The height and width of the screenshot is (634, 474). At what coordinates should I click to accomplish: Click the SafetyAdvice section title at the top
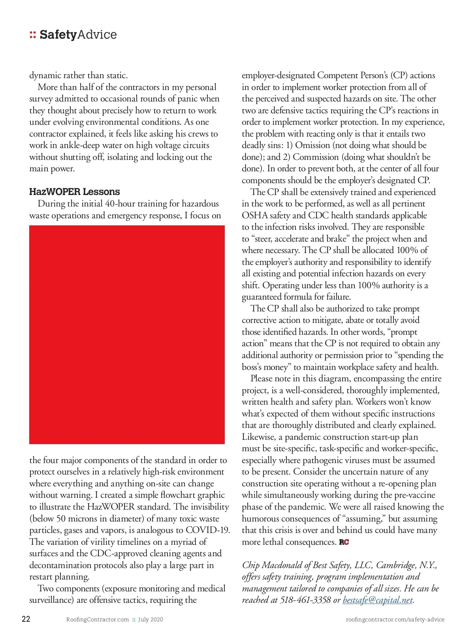point(78,35)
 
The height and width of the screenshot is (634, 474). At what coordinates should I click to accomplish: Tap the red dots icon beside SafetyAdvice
point(32,35)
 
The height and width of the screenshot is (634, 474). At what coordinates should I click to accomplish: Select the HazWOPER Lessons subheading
point(74,192)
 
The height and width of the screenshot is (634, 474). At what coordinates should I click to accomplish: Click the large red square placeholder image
point(127,335)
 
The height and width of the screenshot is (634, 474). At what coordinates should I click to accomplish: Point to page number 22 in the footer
point(26,619)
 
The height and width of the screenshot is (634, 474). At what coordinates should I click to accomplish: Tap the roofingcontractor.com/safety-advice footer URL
point(395,619)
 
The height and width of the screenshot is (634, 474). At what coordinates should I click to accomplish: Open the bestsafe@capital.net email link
point(378,600)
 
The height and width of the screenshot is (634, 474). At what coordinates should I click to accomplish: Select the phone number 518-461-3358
point(305,600)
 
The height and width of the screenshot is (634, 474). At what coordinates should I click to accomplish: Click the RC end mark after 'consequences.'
point(344,542)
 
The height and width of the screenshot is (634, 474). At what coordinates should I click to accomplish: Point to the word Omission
point(312,145)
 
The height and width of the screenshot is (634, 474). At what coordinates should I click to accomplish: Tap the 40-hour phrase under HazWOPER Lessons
point(120,204)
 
